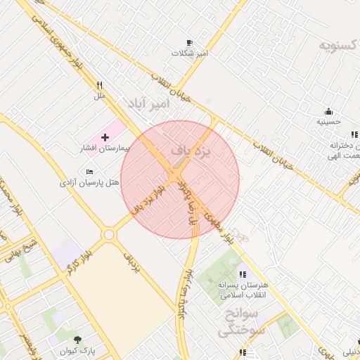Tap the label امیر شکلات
(x=192, y=53)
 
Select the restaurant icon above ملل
(x=100, y=85)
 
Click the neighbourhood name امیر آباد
(x=148, y=104)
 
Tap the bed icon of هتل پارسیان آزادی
(x=89, y=172)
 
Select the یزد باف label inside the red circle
(x=191, y=151)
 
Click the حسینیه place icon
(x=328, y=111)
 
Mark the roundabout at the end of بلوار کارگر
(x=109, y=235)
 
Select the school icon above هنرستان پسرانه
(x=243, y=274)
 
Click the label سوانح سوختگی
(x=238, y=321)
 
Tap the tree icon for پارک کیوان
(x=77, y=339)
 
